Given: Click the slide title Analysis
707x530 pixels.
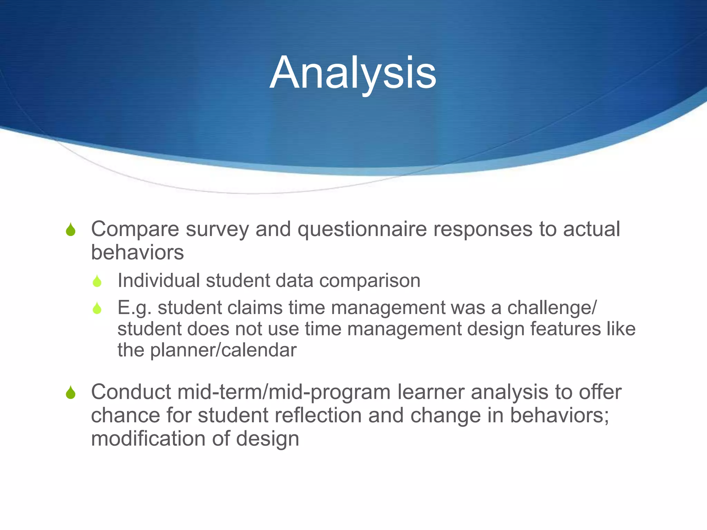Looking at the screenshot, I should click(x=353, y=73).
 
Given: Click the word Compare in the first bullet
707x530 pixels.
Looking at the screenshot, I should click(x=135, y=229).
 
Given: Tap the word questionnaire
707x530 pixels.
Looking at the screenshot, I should click(x=362, y=229).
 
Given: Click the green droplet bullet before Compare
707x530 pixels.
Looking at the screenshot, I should click(x=71, y=230).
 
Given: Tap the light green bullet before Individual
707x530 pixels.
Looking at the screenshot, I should click(x=97, y=281).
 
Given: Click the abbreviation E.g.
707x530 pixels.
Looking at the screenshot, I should click(x=134, y=308).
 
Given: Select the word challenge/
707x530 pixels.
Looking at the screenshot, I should click(x=552, y=308).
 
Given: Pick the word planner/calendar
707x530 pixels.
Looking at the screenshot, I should click(x=223, y=350).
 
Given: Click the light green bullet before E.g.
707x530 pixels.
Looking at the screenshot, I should click(x=97, y=308).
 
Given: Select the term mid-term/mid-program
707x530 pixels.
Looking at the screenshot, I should click(x=284, y=393).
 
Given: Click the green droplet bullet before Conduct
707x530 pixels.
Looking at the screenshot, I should click(x=71, y=393).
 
